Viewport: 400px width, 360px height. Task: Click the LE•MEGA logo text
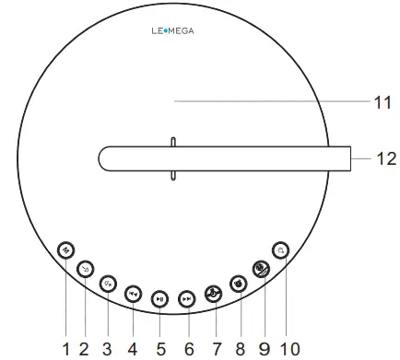172,30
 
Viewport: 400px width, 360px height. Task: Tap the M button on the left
65,250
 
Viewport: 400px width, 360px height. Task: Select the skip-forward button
187,298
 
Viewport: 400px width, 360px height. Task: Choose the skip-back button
133,294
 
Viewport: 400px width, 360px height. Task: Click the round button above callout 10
280,249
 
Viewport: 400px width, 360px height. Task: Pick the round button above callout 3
108,284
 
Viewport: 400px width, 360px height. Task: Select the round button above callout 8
238,284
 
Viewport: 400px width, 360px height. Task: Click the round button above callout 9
261,270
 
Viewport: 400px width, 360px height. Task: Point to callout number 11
382,103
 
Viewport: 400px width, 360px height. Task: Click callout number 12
385,158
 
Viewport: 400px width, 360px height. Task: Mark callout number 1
65,349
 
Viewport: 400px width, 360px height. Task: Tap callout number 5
160,349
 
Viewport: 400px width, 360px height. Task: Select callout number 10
289,349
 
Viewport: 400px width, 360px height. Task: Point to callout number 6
191,349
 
